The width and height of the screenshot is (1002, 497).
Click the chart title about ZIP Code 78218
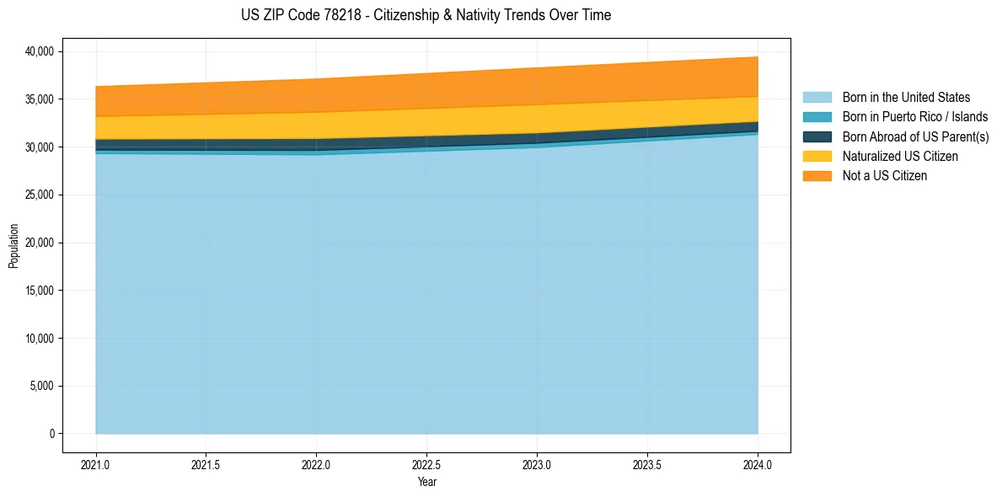pos(426,15)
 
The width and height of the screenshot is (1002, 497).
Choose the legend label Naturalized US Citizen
pos(900,157)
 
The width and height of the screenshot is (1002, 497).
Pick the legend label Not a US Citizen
pos(884,176)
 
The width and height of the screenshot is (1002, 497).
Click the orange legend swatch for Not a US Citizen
pos(817,176)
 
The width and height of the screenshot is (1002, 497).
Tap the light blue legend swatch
pos(817,98)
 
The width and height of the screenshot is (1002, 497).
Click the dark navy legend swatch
pos(817,136)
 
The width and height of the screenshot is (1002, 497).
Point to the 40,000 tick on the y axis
pos(38,51)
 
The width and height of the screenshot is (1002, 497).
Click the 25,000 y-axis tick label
pos(38,195)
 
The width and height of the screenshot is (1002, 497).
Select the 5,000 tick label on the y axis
pos(40,387)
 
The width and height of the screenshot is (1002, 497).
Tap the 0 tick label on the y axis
pos(51,435)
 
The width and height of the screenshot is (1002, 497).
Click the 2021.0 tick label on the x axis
pos(96,464)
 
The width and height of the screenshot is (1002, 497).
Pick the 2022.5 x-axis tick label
pos(426,464)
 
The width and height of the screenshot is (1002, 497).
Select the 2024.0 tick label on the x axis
pos(758,464)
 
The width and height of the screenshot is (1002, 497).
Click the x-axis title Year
pos(426,482)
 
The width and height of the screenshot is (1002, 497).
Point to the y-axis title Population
pos(13,246)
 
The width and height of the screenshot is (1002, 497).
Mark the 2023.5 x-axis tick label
pos(647,464)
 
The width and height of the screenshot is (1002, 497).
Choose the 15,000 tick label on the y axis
pos(38,291)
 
